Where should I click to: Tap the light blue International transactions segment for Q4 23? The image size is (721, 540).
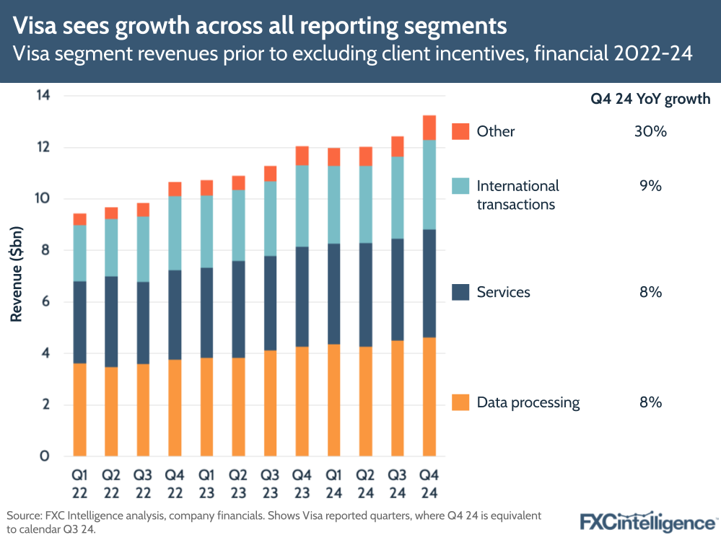pos(302,206)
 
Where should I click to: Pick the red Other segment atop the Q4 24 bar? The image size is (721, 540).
pos(429,128)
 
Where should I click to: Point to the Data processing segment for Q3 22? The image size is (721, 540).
pos(143,410)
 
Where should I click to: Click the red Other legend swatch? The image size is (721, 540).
pos(460,131)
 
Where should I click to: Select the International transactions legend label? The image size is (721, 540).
pos(517,195)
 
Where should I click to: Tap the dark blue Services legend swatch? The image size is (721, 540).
pos(460,292)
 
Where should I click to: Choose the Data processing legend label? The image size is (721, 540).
pos(528,402)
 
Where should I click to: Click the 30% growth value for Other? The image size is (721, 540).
pos(650,131)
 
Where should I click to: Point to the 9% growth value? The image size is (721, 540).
pos(650,186)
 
